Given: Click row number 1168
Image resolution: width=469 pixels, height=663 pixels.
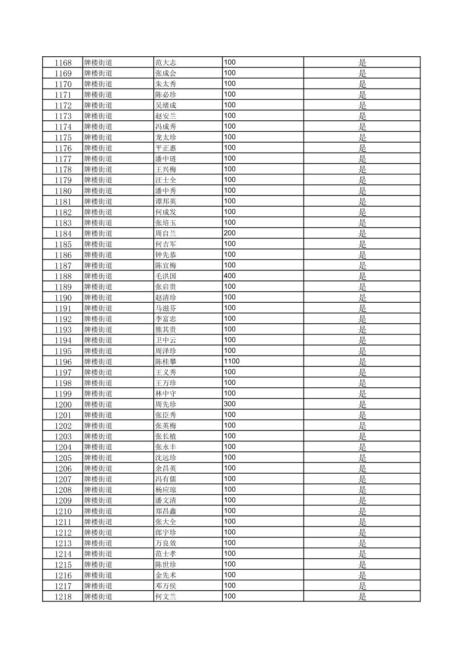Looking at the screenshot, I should (x=63, y=63).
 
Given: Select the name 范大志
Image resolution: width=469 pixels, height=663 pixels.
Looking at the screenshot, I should (x=166, y=63).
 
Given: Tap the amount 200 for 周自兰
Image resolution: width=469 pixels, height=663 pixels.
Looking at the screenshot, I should (x=230, y=233).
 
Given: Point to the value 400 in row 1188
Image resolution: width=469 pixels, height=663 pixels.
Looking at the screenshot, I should (x=230, y=276).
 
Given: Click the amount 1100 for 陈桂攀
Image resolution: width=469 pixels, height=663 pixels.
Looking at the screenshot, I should (x=231, y=362).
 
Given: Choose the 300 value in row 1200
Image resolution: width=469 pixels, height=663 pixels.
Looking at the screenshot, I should (x=230, y=404).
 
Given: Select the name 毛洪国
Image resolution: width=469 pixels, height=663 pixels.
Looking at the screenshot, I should (x=166, y=276).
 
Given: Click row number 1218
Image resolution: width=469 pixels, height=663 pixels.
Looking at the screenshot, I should (x=63, y=597).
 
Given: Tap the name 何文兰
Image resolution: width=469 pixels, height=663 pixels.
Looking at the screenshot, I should (x=166, y=597).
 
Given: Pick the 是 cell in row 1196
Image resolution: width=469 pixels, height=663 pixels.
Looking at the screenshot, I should (x=362, y=362).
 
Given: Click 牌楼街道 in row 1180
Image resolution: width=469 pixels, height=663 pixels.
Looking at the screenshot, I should (x=98, y=191).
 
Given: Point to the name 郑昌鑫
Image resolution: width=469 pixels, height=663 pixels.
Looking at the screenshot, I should (x=166, y=511).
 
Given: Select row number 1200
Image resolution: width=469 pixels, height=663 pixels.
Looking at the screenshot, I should (x=63, y=404).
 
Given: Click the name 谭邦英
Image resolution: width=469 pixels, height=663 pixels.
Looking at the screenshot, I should (x=166, y=202).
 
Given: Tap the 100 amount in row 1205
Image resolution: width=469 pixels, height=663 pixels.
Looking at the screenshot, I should (x=230, y=458).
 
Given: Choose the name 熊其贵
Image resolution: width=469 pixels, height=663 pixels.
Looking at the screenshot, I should (x=166, y=330).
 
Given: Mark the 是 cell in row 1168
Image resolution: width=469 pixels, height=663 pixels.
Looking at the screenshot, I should (x=362, y=63).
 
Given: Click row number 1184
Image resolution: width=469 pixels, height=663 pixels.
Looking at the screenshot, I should (x=63, y=233).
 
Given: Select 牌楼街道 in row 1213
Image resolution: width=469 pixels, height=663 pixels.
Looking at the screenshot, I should (x=98, y=543).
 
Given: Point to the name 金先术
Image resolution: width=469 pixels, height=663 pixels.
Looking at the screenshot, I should (x=166, y=575).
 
